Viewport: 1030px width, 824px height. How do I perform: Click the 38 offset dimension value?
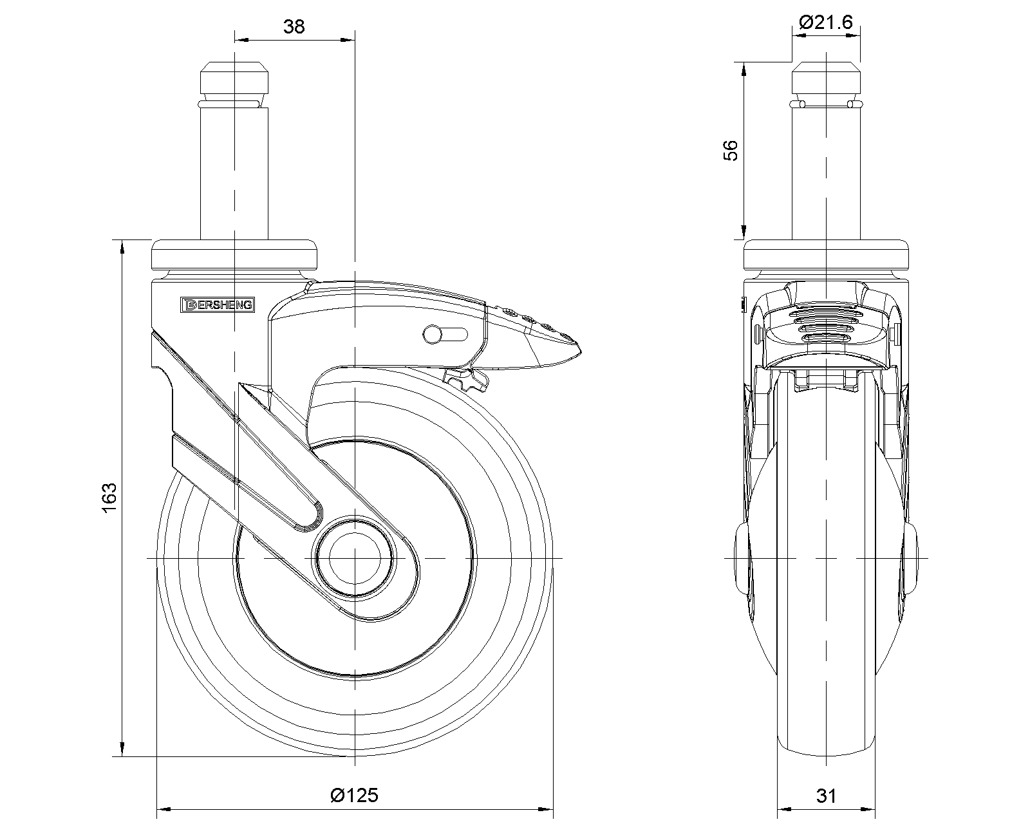pos(294,26)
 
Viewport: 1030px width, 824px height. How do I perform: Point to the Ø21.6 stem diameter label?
pos(826,23)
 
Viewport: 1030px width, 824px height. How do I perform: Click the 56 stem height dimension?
pos(731,151)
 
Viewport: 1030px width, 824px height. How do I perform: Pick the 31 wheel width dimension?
pos(826,796)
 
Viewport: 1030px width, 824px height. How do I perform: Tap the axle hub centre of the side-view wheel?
pos(353,557)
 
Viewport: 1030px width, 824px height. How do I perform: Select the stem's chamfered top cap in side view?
pos(235,78)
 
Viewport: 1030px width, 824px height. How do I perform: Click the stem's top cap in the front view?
pos(826,78)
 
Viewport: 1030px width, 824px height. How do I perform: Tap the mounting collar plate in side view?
pos(235,255)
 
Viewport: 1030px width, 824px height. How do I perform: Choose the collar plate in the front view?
pos(826,255)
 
